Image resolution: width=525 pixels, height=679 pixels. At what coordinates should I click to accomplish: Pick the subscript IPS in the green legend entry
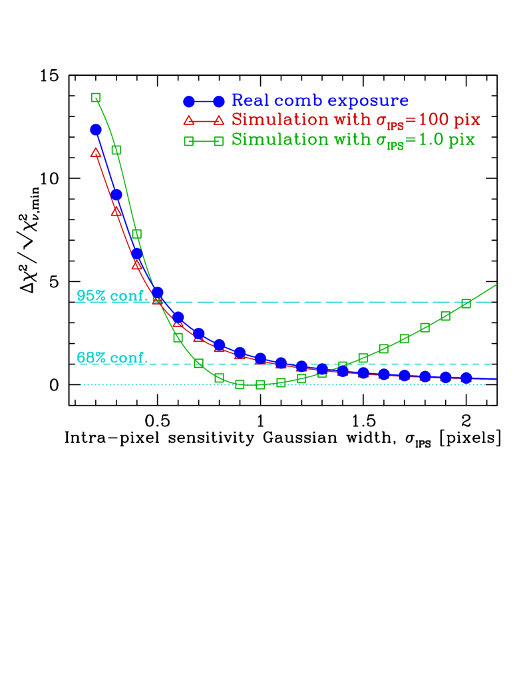point(396,146)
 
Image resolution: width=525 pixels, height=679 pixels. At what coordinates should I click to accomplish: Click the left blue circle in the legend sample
point(189,101)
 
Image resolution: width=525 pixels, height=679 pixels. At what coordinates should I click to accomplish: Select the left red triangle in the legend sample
point(189,120)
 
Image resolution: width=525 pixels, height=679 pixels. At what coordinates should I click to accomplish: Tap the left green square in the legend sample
point(189,140)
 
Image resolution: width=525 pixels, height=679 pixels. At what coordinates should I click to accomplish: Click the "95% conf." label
point(111,296)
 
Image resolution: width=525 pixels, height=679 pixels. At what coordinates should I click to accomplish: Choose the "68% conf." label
point(111,358)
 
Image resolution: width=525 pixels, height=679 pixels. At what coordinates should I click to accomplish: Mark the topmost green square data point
point(96,98)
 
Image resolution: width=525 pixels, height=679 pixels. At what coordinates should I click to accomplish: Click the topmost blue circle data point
point(96,129)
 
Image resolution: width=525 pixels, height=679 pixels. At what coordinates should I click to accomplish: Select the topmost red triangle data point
point(96,153)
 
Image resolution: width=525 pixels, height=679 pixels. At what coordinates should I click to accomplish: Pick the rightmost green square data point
point(466,303)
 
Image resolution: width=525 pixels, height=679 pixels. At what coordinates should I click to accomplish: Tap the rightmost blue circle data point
point(466,378)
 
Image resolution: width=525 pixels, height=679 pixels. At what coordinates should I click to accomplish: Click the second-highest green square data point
point(116,150)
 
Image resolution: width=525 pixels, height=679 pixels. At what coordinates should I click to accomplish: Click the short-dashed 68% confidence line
point(399,364)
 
